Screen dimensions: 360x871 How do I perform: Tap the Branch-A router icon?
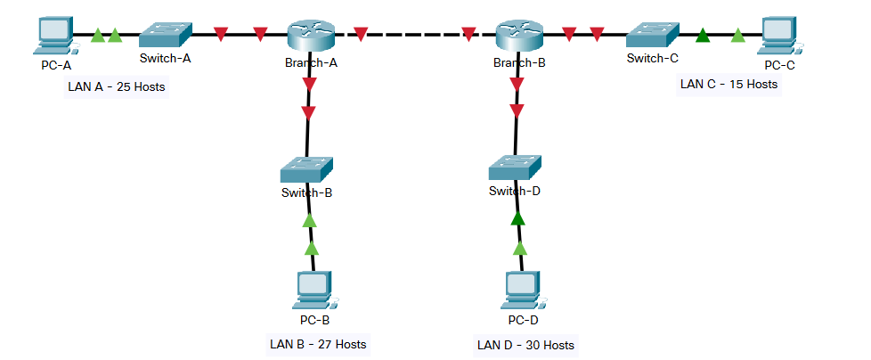tap(310, 36)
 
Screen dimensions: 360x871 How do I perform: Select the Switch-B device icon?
tap(306, 169)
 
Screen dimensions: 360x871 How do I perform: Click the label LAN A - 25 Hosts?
tap(117, 88)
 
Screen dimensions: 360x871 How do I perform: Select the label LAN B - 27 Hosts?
tap(318, 343)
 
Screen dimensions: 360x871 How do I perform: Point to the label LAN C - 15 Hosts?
tap(729, 85)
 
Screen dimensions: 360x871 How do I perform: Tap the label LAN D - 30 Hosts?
tap(525, 345)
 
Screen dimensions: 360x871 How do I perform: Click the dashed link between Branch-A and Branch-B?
tap(414, 36)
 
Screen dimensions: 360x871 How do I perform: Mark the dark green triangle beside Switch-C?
tap(703, 36)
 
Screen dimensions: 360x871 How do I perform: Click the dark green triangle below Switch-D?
tap(517, 217)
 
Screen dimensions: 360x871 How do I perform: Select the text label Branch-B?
tap(519, 62)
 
